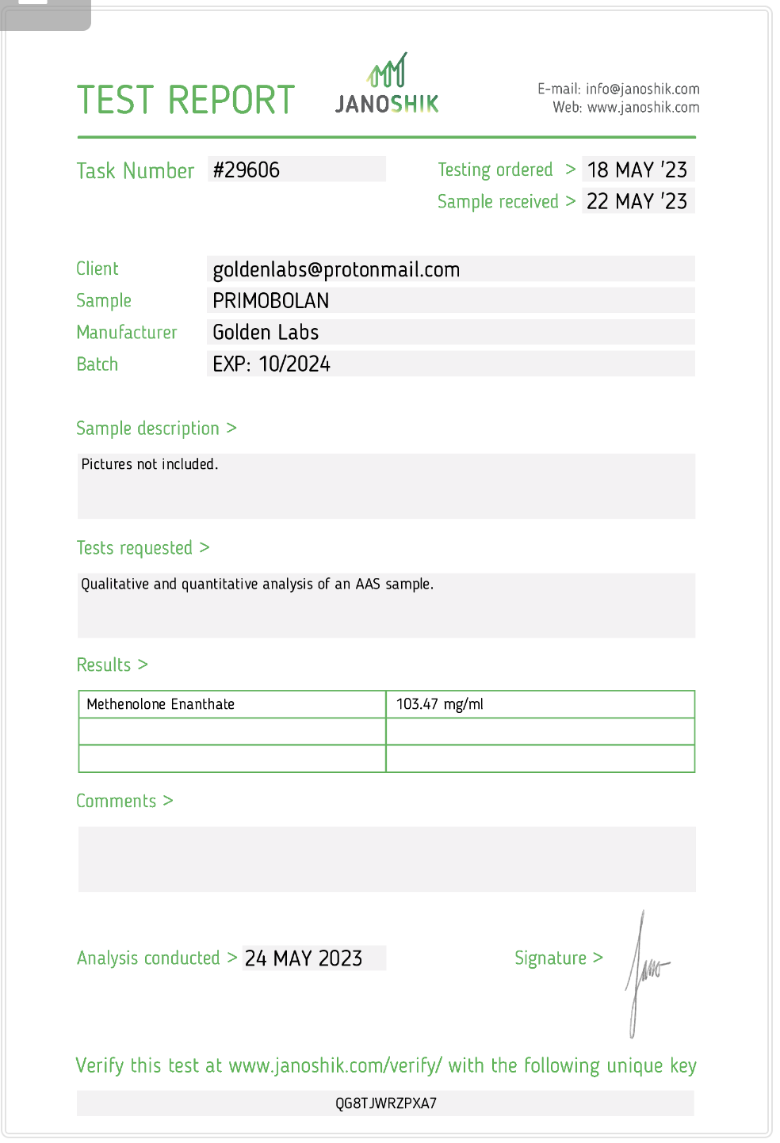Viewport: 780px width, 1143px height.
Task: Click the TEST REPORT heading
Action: click(185, 101)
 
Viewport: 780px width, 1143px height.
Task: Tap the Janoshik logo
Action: click(387, 86)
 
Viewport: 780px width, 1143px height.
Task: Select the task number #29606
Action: click(247, 170)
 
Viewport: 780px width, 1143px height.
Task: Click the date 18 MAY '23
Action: click(637, 170)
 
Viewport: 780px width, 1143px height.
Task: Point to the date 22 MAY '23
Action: click(637, 201)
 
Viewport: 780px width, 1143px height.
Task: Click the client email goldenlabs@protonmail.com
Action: click(336, 269)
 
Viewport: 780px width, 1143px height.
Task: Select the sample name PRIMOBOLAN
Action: click(271, 301)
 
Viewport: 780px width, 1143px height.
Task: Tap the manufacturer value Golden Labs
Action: click(266, 333)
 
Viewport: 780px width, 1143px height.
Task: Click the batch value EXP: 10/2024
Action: click(271, 364)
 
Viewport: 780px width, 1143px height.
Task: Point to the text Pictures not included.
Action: click(149, 464)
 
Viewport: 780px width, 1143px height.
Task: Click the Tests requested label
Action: click(135, 548)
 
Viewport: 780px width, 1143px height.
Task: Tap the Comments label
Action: click(117, 801)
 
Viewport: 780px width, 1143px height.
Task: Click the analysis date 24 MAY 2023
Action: click(304, 958)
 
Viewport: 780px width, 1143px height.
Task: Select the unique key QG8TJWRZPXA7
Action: click(386, 1103)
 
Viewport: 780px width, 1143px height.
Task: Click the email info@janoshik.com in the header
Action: click(642, 90)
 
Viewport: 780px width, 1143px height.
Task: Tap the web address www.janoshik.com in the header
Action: click(643, 108)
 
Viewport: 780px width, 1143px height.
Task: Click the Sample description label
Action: click(148, 429)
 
